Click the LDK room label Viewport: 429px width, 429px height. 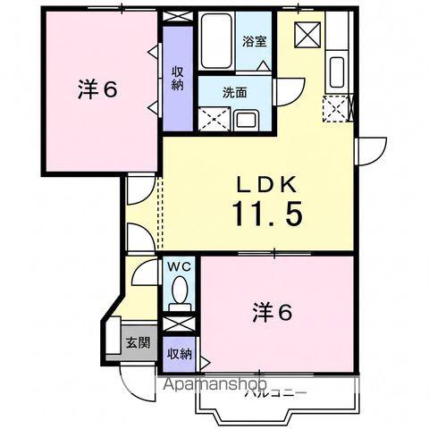point(266,185)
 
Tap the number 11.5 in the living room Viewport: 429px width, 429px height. point(268,213)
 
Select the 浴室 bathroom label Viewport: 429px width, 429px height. point(254,41)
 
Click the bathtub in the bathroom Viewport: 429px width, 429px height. point(216,41)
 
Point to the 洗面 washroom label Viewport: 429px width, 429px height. point(235,93)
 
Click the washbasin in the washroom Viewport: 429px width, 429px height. point(247,120)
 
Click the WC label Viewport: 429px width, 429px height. point(179,266)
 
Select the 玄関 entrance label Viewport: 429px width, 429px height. point(138,342)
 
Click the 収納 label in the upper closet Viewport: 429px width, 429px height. point(178,79)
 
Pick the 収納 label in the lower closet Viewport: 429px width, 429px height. point(179,354)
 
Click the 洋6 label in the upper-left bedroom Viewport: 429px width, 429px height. point(97,89)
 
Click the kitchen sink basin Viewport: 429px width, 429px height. point(337,72)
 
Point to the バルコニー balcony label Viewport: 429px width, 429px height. point(275,393)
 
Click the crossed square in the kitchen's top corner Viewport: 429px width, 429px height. point(307,35)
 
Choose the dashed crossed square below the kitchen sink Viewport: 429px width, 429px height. point(335,109)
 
